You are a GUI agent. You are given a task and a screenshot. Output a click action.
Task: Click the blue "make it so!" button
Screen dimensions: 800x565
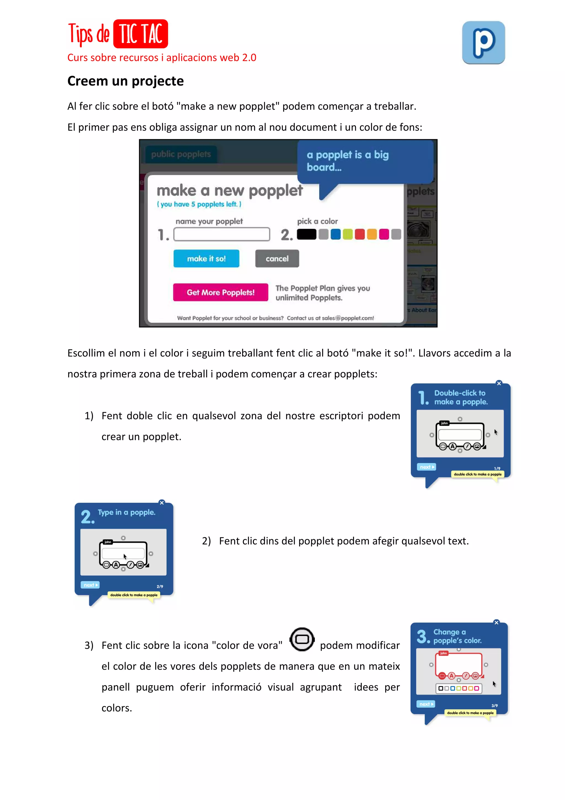[x=206, y=259]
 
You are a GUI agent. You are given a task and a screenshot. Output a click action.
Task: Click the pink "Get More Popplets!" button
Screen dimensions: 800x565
[x=220, y=292]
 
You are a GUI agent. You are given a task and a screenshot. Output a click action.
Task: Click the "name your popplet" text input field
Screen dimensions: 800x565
[x=222, y=234]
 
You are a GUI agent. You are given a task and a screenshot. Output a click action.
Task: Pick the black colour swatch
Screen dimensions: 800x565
[x=306, y=234]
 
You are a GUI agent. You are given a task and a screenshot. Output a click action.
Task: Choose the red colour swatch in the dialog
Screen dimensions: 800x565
[x=360, y=234]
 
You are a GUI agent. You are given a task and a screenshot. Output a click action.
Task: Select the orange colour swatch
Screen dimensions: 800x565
[x=372, y=234]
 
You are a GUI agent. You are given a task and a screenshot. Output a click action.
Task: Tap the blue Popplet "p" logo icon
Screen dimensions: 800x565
[x=483, y=43]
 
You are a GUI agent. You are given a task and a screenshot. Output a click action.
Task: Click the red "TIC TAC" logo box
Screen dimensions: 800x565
[x=141, y=34]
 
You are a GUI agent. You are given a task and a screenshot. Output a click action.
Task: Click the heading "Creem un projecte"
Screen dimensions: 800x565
[x=125, y=81]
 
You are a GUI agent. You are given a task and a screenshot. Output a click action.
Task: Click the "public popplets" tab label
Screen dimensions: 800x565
[x=181, y=154]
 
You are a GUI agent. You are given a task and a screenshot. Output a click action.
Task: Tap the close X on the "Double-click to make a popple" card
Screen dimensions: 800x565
[x=499, y=383]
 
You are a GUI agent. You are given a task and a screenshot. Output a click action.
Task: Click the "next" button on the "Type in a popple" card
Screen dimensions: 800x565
[x=90, y=585]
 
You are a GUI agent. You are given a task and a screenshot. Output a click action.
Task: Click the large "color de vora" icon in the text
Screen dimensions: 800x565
[x=302, y=639]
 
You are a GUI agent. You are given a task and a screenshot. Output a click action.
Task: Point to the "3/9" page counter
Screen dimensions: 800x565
[x=494, y=706]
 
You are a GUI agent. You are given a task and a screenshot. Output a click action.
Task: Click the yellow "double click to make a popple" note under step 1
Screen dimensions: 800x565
[x=477, y=474]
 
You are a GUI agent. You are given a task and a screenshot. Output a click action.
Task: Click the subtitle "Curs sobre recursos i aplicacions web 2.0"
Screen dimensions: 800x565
[x=162, y=57]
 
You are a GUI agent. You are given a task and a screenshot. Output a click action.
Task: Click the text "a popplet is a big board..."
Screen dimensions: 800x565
[x=347, y=161]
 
